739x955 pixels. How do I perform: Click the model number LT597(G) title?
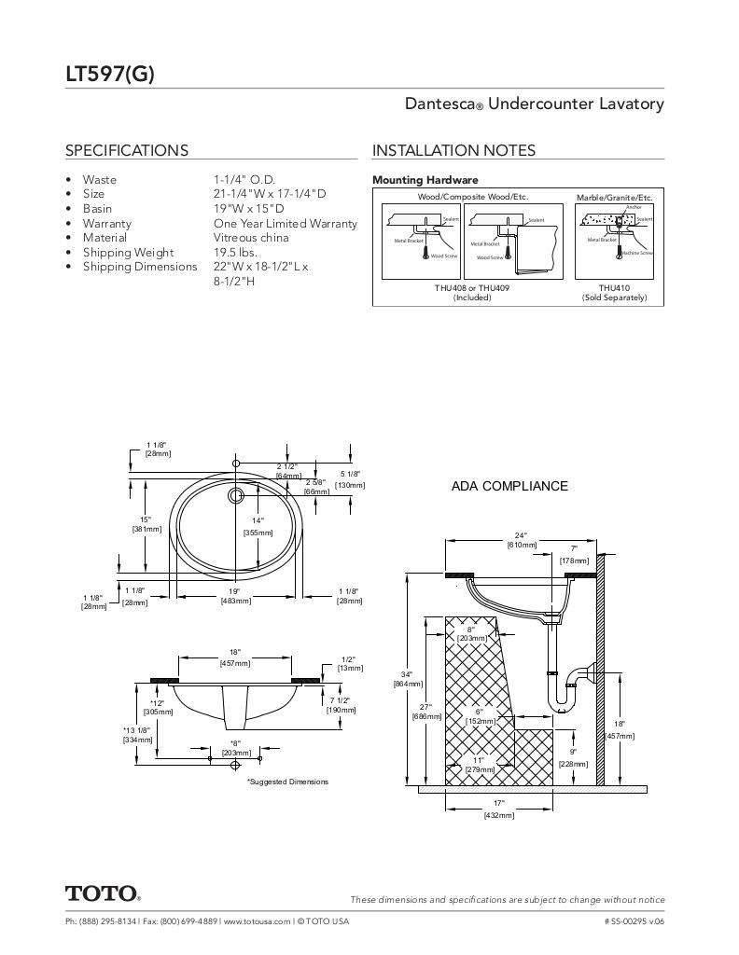pyautogui.click(x=109, y=75)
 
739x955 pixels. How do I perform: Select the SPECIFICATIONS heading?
pyautogui.click(x=126, y=150)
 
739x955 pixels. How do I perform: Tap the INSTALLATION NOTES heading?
pyautogui.click(x=453, y=150)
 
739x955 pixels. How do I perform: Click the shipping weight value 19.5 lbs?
pyautogui.click(x=234, y=252)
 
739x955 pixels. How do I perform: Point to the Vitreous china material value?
pyautogui.click(x=251, y=238)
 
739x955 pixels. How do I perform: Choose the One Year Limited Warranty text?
pyautogui.click(x=285, y=224)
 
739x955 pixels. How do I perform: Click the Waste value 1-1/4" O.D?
pyautogui.click(x=244, y=179)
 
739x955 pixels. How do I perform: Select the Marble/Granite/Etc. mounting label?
pyautogui.click(x=614, y=198)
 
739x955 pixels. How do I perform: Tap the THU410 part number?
pyautogui.click(x=614, y=288)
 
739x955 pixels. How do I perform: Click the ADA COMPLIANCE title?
pyautogui.click(x=509, y=486)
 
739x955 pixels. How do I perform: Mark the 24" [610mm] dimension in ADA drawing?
pyautogui.click(x=521, y=540)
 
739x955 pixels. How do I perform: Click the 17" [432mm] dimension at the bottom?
pyautogui.click(x=498, y=809)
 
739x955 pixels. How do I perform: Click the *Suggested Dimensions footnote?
pyautogui.click(x=287, y=782)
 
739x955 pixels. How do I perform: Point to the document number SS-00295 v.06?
pyautogui.click(x=634, y=921)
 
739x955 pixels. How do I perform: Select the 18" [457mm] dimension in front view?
pyautogui.click(x=234, y=657)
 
